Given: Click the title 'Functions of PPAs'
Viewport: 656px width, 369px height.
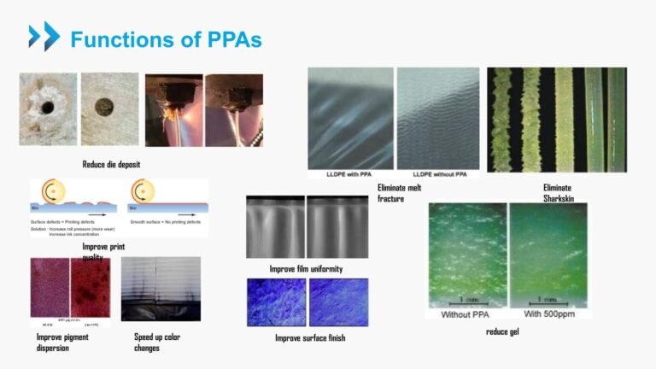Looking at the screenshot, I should pyautogui.click(x=166, y=39).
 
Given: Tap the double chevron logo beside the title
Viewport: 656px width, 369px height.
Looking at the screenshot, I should pyautogui.click(x=44, y=37).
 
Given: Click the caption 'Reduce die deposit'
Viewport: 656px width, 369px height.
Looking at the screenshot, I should pyautogui.click(x=111, y=164).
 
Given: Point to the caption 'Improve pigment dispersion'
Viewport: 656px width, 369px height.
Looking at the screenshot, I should pyautogui.click(x=62, y=342).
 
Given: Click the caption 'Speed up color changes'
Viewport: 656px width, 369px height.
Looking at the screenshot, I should pyautogui.click(x=157, y=342).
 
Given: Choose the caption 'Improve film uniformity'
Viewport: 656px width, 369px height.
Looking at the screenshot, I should pyautogui.click(x=306, y=269).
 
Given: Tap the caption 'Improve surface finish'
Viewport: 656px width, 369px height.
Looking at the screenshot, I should pyautogui.click(x=309, y=338).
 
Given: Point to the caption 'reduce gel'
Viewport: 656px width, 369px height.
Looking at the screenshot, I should pyautogui.click(x=501, y=331).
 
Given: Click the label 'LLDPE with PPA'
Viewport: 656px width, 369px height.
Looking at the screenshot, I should pyautogui.click(x=351, y=174).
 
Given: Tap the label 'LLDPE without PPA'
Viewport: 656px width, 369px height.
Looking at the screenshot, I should pyautogui.click(x=437, y=174).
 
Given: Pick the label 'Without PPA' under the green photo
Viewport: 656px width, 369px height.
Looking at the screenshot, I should pyautogui.click(x=466, y=313).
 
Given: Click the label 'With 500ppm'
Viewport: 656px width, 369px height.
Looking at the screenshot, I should pyautogui.click(x=546, y=313).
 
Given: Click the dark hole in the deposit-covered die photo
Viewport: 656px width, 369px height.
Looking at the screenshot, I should pyautogui.click(x=47, y=108).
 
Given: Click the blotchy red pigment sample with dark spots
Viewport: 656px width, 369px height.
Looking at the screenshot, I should pyautogui.click(x=91, y=285).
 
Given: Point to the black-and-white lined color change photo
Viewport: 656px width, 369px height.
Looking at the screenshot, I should pyautogui.click(x=161, y=289).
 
